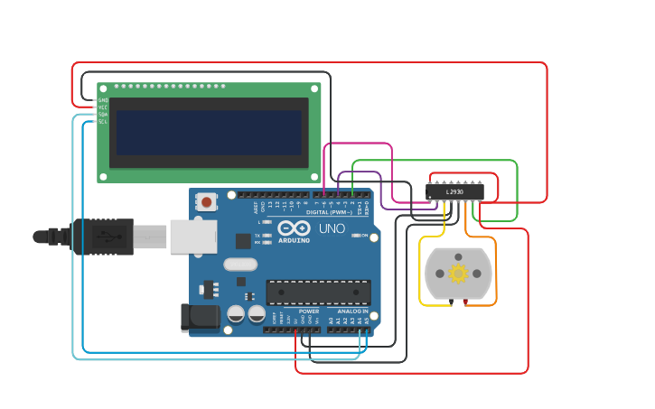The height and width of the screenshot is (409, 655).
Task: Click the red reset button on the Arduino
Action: pyautogui.click(x=207, y=202)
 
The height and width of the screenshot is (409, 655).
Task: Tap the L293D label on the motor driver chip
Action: pyautogui.click(x=454, y=191)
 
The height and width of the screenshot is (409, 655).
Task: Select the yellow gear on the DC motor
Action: pyautogui.click(x=458, y=273)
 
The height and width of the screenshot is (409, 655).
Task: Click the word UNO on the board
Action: pyautogui.click(x=332, y=228)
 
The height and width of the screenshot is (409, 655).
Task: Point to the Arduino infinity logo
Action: pyautogui.click(x=294, y=228)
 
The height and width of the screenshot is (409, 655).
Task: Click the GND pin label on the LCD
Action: pyautogui.click(x=102, y=100)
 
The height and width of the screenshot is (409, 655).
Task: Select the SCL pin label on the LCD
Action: pyautogui.click(x=102, y=122)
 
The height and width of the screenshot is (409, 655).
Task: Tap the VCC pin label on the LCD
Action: pyautogui.click(x=102, y=107)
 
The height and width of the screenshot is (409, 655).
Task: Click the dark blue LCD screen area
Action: pyautogui.click(x=209, y=133)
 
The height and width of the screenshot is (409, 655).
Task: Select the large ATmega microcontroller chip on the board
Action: pyautogui.click(x=318, y=292)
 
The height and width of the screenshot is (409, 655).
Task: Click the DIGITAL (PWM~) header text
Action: pyautogui.click(x=329, y=212)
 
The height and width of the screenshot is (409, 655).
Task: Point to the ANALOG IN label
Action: pyautogui.click(x=347, y=311)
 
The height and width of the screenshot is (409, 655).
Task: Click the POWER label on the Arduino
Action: pyautogui.click(x=308, y=311)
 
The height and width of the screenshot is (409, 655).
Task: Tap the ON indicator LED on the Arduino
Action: pyautogui.click(x=355, y=236)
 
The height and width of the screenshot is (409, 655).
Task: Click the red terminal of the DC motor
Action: pyautogui.click(x=465, y=302)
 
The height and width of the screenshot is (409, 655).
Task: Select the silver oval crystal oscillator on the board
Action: pyautogui.click(x=239, y=265)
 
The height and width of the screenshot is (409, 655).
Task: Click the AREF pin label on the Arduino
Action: pyautogui.click(x=255, y=207)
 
